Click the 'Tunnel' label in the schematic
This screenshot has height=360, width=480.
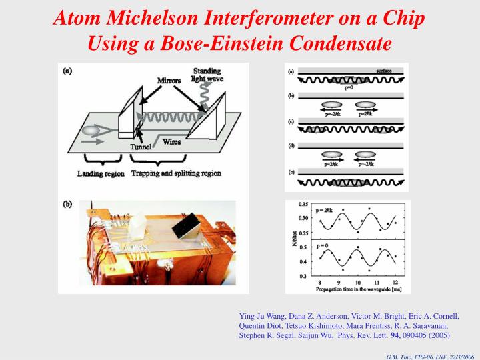tap(141, 147)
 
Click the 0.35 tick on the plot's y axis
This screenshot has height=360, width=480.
tap(303, 204)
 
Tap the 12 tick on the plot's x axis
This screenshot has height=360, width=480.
tap(396, 283)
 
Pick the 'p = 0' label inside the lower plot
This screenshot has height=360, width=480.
tap(323, 246)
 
